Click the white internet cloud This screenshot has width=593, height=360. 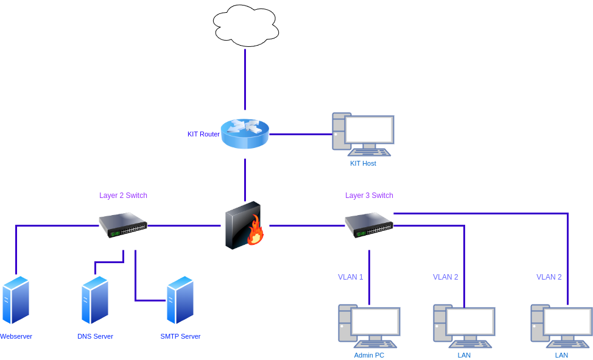(245, 26)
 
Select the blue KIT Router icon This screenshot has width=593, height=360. (245, 134)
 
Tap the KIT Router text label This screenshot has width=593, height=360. (203, 134)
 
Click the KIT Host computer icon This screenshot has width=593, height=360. (363, 134)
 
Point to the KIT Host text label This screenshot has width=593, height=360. (363, 163)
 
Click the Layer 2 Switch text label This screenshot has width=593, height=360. (124, 196)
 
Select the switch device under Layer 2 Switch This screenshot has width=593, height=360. (123, 225)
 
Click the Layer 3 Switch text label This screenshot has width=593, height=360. (370, 196)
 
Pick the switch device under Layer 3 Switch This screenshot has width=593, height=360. (369, 225)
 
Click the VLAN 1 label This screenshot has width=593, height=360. (351, 277)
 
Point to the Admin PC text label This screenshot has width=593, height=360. (369, 355)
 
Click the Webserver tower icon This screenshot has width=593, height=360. (16, 300)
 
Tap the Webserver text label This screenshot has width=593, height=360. (16, 336)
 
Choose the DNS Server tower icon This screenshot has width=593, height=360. (95, 300)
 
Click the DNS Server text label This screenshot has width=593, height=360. (95, 336)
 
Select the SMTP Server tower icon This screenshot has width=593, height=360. (180, 300)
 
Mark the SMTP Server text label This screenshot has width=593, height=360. (180, 336)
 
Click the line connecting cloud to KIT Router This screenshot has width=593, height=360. (245, 79)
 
